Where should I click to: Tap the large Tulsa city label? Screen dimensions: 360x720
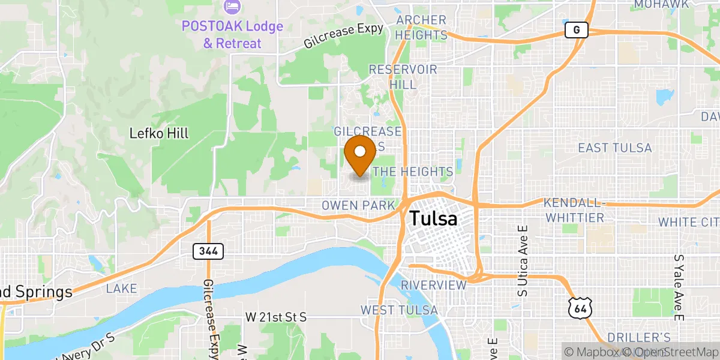tap(433, 218)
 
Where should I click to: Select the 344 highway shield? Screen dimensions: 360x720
tap(208, 251)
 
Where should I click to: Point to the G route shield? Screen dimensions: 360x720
tap(576, 30)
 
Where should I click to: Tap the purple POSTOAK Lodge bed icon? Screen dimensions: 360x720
tap(232, 8)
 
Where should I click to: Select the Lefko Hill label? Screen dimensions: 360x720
tap(159, 133)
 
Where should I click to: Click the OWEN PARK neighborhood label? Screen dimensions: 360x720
tap(358, 206)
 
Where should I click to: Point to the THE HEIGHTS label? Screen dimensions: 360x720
tap(413, 172)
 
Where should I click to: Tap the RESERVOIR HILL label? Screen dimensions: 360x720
tap(403, 77)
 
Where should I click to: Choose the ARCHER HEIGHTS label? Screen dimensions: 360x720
tap(422, 28)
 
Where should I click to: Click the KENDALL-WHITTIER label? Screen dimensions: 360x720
tap(574, 210)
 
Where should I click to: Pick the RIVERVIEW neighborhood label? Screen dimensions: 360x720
tap(434, 285)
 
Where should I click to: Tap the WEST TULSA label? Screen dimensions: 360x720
tap(398, 310)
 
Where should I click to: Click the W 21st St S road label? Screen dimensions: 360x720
tap(276, 317)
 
